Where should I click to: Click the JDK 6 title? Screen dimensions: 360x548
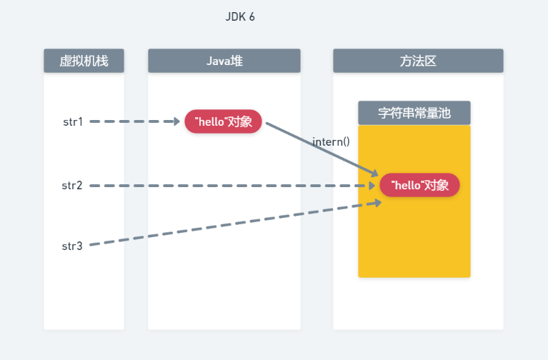coord(240,17)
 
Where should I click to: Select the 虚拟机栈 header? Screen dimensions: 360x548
coord(84,61)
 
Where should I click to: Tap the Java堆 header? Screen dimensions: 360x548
coord(224,61)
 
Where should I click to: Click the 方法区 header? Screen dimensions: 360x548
coord(418,61)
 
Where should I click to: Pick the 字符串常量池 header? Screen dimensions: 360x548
coord(414,113)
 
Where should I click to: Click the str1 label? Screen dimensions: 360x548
coord(72,121)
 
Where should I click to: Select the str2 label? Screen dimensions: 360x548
coord(72,186)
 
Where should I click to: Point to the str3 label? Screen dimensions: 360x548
coord(72,246)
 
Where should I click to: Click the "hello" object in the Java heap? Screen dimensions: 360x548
coord(224,121)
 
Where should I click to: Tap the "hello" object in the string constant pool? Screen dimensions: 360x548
coord(419,186)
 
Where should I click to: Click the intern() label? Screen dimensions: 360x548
coord(331,141)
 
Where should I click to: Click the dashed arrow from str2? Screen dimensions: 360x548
coord(229,186)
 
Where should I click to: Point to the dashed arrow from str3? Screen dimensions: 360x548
coord(229,224)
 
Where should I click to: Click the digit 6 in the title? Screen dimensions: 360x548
coord(251,17)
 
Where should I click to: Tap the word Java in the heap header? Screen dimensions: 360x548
coord(216,61)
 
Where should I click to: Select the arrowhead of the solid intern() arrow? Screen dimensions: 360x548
coord(374,173)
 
